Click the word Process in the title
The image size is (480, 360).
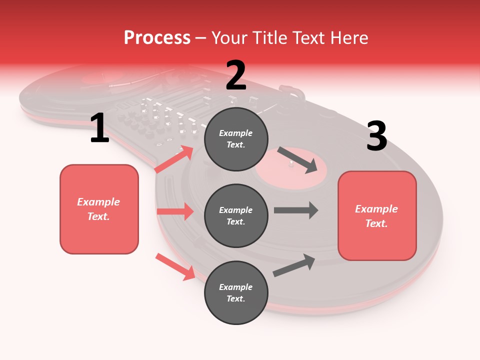[x=157, y=38]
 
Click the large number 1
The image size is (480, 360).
[x=99, y=128]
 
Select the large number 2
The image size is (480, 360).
[x=236, y=75]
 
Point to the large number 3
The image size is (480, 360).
[x=376, y=136]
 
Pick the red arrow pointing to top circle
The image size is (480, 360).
[x=174, y=159]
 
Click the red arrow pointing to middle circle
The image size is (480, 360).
[x=175, y=211]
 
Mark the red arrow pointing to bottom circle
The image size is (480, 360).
[x=175, y=266]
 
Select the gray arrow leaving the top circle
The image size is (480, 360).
[x=297, y=159]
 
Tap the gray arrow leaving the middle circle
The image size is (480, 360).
[x=296, y=210]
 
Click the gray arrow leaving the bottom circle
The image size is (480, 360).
[x=294, y=265]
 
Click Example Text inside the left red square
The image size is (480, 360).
[x=99, y=209]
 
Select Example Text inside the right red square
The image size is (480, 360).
[x=377, y=216]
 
